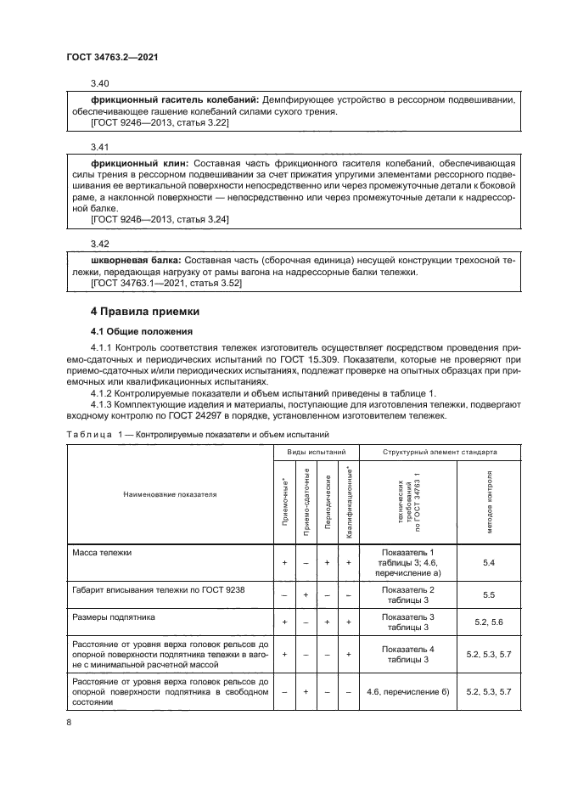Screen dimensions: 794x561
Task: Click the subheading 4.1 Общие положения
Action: click(142, 331)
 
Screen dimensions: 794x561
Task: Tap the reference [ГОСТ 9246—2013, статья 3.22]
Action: click(160, 123)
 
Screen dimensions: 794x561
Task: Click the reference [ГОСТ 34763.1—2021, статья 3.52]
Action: click(165, 283)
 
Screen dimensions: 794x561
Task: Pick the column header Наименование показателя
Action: click(169, 493)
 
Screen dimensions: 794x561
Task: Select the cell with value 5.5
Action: click(487, 594)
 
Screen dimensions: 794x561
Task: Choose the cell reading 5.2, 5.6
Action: click(487, 622)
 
